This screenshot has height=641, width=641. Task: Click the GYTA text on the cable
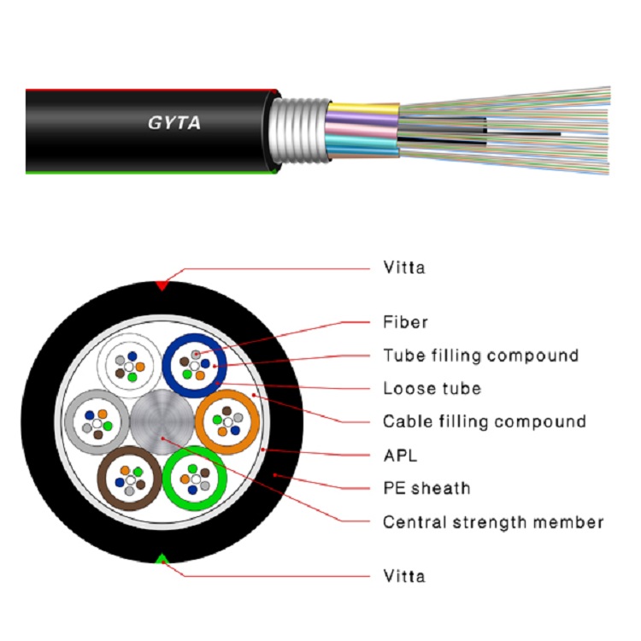pyautogui.click(x=173, y=122)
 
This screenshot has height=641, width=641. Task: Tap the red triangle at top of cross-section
pyautogui.click(x=162, y=285)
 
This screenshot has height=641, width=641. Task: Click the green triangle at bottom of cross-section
pyautogui.click(x=162, y=560)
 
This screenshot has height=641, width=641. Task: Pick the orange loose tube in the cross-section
pyautogui.click(x=227, y=420)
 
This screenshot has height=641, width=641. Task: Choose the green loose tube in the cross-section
pyautogui.click(x=195, y=478)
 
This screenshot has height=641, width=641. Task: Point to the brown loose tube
pyautogui.click(x=129, y=478)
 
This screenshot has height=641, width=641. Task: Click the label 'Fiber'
pyautogui.click(x=405, y=322)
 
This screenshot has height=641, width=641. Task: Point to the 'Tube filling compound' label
pyautogui.click(x=480, y=355)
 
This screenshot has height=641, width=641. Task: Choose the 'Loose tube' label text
pyautogui.click(x=432, y=389)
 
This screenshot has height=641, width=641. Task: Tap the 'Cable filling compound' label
pyautogui.click(x=484, y=421)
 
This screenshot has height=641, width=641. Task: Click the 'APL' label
pyautogui.click(x=400, y=456)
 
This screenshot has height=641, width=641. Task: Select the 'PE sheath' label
pyautogui.click(x=426, y=489)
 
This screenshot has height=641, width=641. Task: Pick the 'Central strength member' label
pyautogui.click(x=493, y=521)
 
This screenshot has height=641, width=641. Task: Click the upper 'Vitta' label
pyautogui.click(x=403, y=268)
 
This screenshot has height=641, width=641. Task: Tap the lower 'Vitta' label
pyautogui.click(x=403, y=576)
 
